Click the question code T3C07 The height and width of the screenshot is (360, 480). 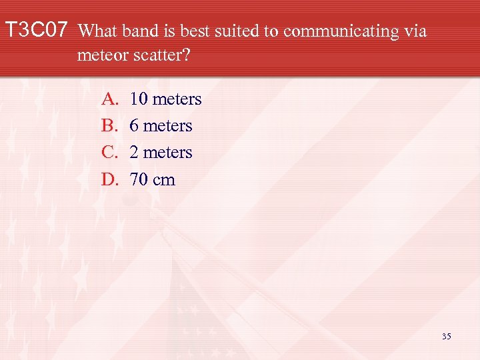coord(37,31)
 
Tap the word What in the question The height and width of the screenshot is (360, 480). coord(99,31)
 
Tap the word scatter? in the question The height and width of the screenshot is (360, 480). coord(164,55)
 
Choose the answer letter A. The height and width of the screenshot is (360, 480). coord(109,99)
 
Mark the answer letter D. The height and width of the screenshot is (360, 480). coord(109,179)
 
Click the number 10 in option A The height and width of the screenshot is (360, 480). coord(139,99)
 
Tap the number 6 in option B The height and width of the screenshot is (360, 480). coord(135,126)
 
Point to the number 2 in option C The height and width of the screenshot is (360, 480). coord(135,153)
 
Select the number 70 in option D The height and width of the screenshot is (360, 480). coord(139,179)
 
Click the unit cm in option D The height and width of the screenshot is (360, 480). coord(164,180)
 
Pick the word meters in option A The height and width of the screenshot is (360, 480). coord(177,99)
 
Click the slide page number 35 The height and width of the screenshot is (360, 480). coord(446,337)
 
